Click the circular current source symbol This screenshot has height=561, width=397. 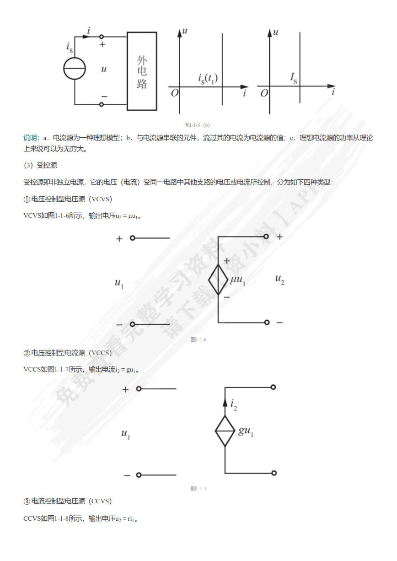click(75, 69)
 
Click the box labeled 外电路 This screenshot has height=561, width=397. click(142, 71)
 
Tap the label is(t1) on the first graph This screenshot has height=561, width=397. click(208, 79)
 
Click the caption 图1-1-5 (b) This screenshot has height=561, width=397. click(197, 125)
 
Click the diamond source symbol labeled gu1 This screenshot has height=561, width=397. click(225, 431)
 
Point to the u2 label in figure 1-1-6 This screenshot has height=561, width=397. click(280, 279)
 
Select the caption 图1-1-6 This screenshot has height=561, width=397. click(198, 340)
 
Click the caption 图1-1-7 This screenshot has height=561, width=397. click(198, 488)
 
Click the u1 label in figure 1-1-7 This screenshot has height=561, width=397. click(126, 434)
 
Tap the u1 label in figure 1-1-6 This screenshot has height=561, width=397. click(119, 283)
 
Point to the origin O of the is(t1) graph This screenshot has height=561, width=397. click(174, 93)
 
